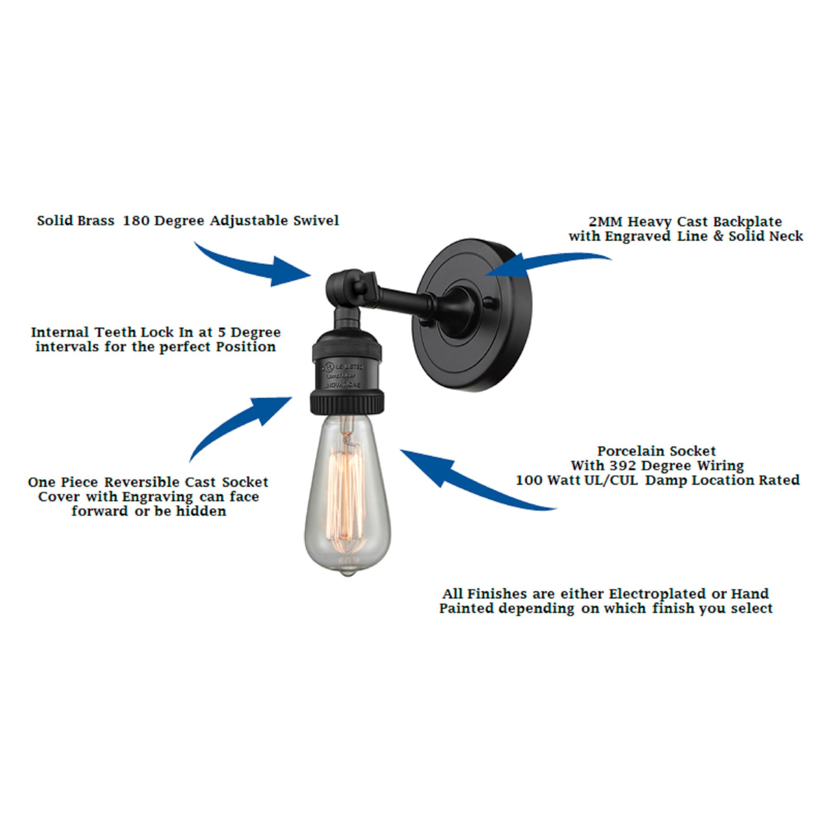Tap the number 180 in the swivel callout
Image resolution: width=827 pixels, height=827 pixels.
click(136, 221)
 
